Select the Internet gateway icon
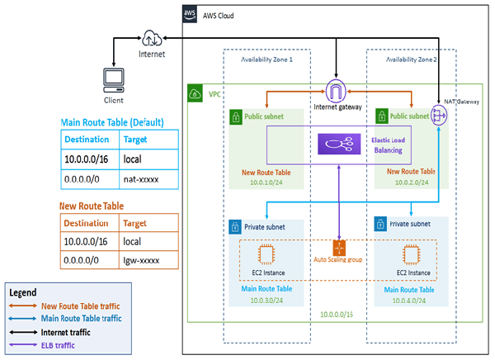336,90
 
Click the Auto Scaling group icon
339,248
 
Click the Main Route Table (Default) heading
111,123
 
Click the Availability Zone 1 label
266,59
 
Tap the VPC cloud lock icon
195,92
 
